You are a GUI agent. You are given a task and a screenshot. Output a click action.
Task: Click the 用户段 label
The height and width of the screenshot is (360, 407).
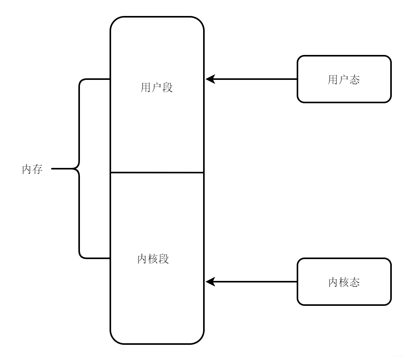pos(157,87)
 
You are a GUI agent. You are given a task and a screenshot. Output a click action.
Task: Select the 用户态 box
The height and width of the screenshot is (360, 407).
pos(344,79)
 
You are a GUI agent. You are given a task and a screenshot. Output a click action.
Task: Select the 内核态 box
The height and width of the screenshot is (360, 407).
pos(344,281)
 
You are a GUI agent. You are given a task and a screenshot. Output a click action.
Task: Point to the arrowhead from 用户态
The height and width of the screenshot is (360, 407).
pos(210,79)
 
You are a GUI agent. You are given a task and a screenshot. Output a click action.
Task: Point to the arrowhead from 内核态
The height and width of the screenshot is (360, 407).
pos(210,281)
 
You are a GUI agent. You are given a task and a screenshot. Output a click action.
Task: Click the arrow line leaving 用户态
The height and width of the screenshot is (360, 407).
pos(257,79)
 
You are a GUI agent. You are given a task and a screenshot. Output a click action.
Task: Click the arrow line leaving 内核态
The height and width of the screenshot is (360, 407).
pos(257,281)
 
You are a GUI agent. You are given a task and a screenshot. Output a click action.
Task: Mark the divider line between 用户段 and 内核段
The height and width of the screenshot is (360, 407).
pos(157,172)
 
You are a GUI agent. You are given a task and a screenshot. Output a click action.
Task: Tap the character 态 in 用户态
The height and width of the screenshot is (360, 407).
pos(354,79)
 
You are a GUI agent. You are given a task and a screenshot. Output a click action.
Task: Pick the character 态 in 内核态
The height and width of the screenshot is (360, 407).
pos(354,282)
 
